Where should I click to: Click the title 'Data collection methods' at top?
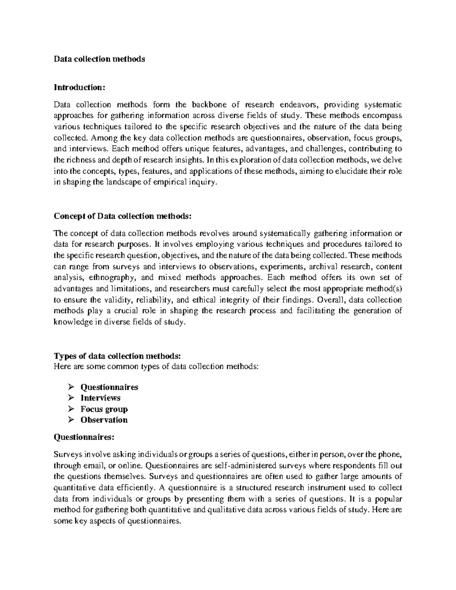99,59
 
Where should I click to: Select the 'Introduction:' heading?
79,88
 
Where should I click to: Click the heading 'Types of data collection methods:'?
118,356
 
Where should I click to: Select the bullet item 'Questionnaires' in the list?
109,387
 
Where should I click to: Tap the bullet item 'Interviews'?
100,398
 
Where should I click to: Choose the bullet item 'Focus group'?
104,409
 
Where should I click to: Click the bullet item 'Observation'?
104,420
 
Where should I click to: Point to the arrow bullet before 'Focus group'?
71,409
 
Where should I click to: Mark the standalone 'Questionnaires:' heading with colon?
84,437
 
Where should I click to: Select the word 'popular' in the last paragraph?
388,499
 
